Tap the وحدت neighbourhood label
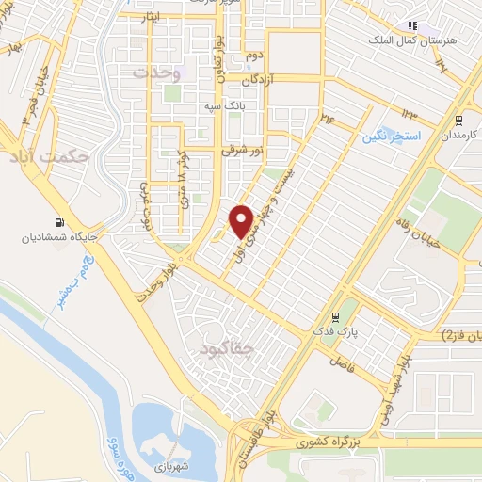pyautogui.click(x=155, y=72)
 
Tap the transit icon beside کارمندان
pyautogui.click(x=458, y=120)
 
